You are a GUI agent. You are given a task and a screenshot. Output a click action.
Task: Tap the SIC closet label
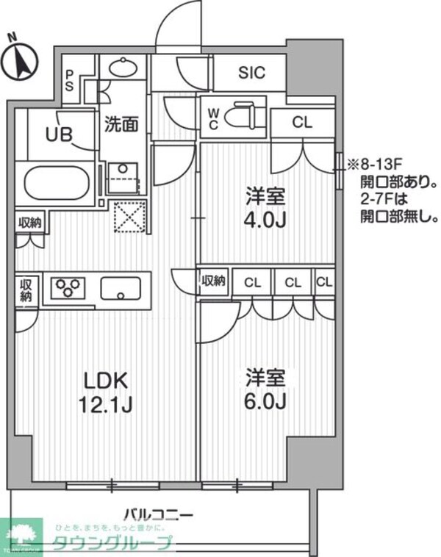point(251,73)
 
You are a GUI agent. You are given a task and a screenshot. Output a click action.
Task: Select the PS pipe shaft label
point(70,79)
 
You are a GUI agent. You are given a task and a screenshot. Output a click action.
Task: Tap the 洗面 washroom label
point(121,124)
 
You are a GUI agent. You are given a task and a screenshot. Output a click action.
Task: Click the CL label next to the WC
point(302,123)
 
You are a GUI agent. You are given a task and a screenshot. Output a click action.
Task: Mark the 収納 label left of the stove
point(26,290)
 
